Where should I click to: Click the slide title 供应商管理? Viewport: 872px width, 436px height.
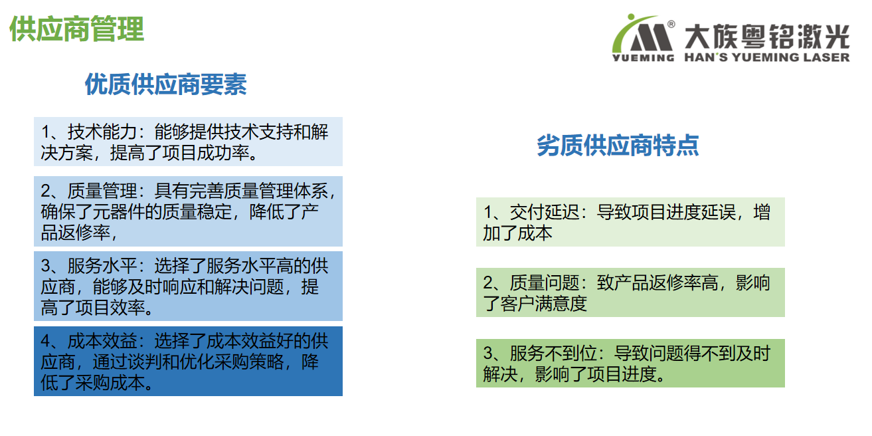[76, 29]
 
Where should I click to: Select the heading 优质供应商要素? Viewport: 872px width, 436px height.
[166, 84]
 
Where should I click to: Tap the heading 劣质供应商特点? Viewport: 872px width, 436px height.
[618, 146]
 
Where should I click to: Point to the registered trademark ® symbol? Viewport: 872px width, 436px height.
[671, 24]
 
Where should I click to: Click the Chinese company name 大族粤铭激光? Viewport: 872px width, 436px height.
[767, 37]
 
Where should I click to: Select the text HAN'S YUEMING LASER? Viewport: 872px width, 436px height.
[767, 57]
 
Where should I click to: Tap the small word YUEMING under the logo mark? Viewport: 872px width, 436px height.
[643, 58]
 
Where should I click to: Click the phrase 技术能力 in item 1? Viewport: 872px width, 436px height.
[102, 132]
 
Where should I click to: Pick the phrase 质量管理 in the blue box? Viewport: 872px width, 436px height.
[102, 191]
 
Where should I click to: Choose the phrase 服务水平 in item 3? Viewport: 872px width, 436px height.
[102, 266]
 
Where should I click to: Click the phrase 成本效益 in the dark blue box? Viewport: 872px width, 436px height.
[102, 341]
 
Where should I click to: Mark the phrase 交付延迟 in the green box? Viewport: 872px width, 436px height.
[545, 212]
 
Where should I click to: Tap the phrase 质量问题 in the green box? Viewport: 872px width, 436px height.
[545, 283]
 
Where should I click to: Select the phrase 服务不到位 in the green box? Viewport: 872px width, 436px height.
[553, 354]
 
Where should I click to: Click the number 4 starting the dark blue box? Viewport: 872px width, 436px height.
[46, 342]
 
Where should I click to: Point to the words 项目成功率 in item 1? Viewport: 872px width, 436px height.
[206, 153]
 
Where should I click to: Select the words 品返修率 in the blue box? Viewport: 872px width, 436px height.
[76, 233]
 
